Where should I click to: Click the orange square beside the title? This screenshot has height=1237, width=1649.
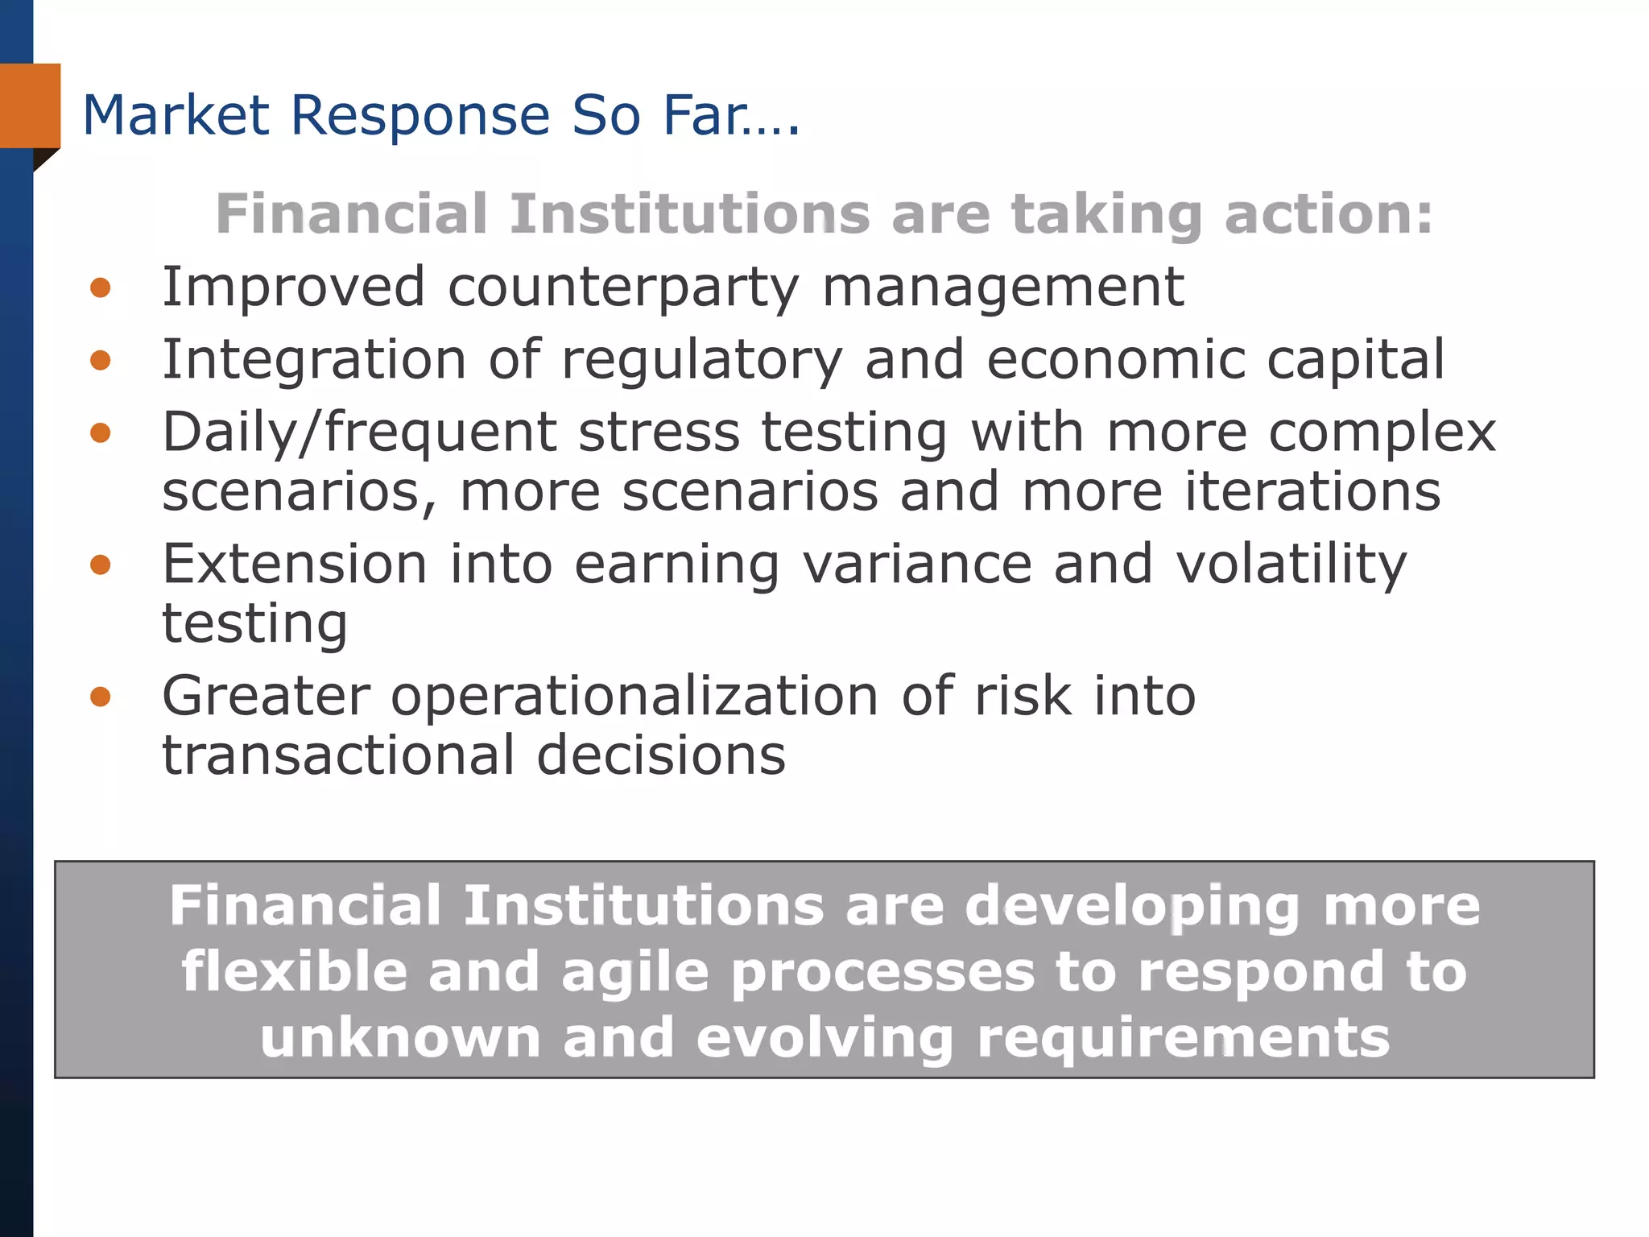coord(31,105)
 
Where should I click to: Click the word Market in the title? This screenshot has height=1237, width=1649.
coord(176,115)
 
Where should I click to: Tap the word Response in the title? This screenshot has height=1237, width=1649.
coord(419,115)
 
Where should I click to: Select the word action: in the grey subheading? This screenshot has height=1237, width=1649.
coord(1329,214)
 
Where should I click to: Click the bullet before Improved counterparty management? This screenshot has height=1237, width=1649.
coord(101,288)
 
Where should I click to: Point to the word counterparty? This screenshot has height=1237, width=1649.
coord(623,288)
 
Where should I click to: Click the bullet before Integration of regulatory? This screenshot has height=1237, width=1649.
coord(101,360)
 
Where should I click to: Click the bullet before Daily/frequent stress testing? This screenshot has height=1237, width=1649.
coord(101,433)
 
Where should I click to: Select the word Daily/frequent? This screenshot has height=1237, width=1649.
coord(359,433)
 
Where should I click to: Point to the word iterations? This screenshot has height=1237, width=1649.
coord(1312,491)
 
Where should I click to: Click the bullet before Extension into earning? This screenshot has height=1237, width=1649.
coord(101,565)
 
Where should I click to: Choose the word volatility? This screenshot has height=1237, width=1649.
coord(1291,565)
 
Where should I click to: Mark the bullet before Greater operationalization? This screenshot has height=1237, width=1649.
coord(101,696)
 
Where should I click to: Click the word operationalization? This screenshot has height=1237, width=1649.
coord(634,697)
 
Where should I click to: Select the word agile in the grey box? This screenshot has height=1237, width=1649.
coord(634,972)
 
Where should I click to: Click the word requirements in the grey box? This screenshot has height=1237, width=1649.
coord(1183,1037)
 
